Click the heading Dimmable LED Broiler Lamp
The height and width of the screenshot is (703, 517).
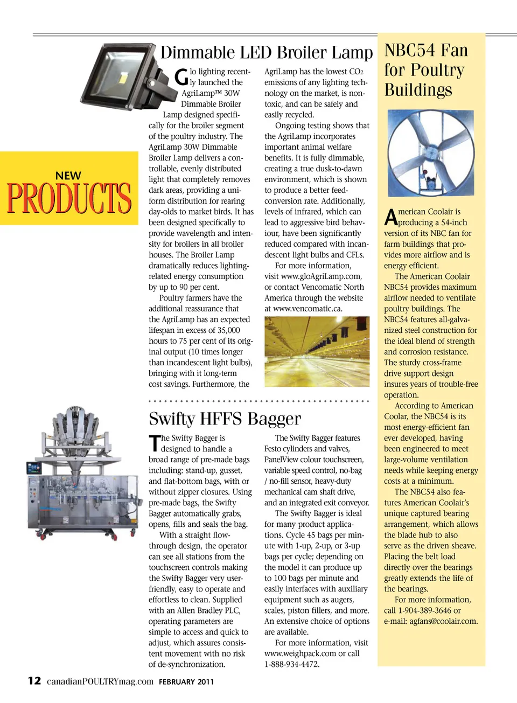pos(266,53)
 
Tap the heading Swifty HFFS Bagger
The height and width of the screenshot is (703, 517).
pos(225,419)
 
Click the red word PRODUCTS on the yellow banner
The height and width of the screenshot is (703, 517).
pos(69,198)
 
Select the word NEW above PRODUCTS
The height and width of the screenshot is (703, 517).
pos(68,176)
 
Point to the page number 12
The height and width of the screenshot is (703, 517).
pos(34,680)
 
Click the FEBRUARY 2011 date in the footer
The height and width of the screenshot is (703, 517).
pos(186,681)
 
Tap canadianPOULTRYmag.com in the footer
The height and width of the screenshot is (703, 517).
pos(100,681)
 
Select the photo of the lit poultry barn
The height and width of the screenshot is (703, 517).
pos(317,351)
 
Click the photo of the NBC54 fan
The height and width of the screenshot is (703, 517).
pos(430,154)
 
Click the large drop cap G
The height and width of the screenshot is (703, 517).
pos(182,77)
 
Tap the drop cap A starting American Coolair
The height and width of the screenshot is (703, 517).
pos(390,217)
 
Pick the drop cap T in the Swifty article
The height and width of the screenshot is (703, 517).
pos(154,443)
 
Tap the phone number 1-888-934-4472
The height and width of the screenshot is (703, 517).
pos(291,664)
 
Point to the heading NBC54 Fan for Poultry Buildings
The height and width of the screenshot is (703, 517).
pos(425,70)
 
